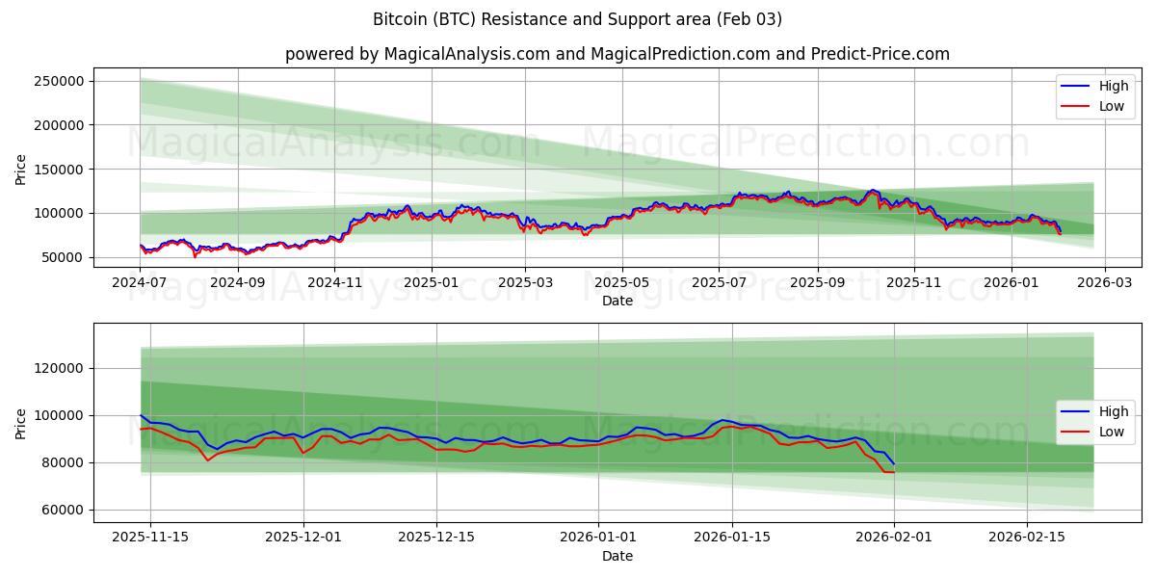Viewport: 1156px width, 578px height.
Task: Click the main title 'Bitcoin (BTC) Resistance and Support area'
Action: click(x=577, y=19)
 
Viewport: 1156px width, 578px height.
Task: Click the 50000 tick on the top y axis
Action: click(x=64, y=257)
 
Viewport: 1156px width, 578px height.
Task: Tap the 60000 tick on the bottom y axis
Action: click(x=64, y=510)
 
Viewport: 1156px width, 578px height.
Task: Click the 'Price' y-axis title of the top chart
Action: click(x=21, y=170)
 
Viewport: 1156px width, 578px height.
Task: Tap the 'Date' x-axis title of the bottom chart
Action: click(x=617, y=557)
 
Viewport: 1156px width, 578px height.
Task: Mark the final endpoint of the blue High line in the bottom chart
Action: click(x=894, y=463)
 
